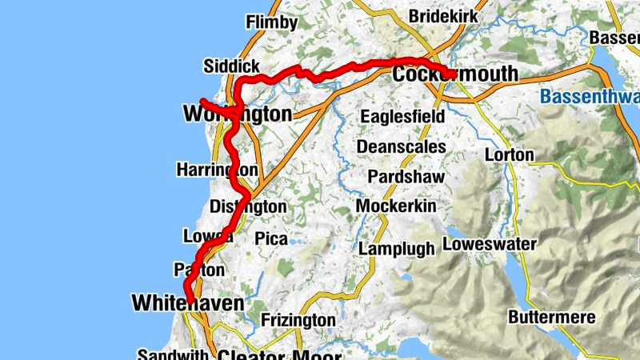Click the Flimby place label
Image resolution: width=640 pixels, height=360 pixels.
click(271, 22)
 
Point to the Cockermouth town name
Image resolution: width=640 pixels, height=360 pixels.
click(455, 75)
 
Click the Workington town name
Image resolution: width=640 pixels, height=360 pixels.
click(238, 114)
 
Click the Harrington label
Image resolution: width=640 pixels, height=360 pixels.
click(217, 170)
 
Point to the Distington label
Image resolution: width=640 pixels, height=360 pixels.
click(247, 206)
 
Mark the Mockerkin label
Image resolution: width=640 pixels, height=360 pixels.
click(396, 206)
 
